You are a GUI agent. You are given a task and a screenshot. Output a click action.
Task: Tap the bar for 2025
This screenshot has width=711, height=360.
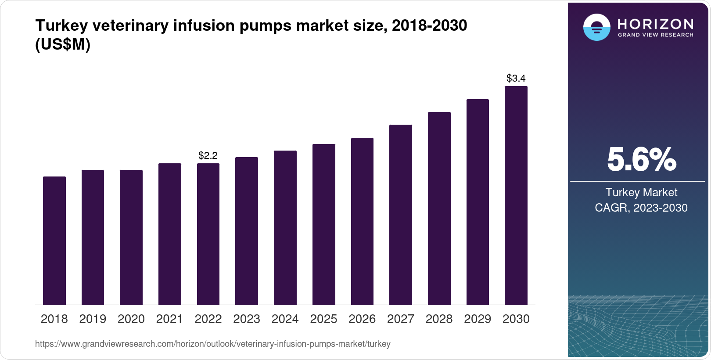(324, 224)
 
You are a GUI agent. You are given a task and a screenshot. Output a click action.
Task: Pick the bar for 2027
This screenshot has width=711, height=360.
(401, 215)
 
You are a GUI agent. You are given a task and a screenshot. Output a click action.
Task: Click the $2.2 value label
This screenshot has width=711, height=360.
(208, 155)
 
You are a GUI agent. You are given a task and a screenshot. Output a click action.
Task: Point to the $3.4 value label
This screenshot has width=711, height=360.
(516, 78)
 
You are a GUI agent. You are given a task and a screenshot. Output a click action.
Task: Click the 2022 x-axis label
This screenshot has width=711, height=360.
(208, 319)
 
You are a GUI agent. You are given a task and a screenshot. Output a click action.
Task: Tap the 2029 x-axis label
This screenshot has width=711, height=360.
(478, 319)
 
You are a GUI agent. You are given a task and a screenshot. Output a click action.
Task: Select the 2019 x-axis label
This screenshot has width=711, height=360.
(93, 319)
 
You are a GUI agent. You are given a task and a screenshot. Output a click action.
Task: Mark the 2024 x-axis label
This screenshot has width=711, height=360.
(285, 319)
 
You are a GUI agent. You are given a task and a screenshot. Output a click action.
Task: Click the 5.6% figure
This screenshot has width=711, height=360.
(641, 160)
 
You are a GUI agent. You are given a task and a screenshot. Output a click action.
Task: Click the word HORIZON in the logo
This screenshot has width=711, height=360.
(655, 24)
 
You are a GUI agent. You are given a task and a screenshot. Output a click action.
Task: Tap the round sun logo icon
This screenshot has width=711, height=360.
(596, 28)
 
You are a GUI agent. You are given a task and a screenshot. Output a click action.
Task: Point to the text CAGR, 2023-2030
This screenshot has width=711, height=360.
(641, 208)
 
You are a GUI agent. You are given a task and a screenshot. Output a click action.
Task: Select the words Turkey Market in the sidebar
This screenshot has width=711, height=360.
(641, 192)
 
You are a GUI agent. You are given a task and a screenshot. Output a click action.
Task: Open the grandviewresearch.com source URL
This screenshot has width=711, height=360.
(213, 344)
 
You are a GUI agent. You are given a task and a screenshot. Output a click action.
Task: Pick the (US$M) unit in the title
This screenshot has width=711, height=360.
(63, 45)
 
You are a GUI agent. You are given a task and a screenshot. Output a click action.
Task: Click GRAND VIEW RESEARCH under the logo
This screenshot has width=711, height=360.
(655, 35)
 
